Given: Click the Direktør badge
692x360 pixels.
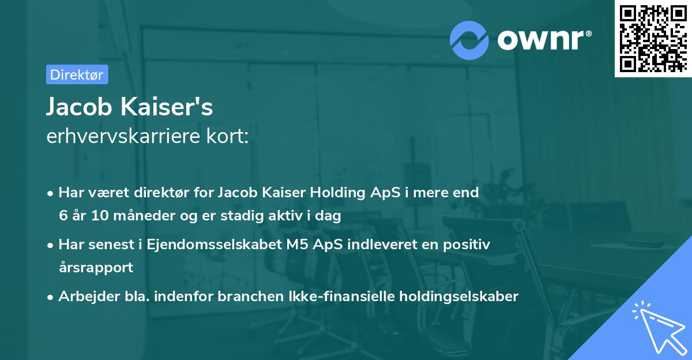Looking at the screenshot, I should [77, 74].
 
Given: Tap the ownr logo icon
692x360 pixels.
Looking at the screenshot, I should [469, 40].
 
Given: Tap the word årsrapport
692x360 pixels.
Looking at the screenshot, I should [96, 268].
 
